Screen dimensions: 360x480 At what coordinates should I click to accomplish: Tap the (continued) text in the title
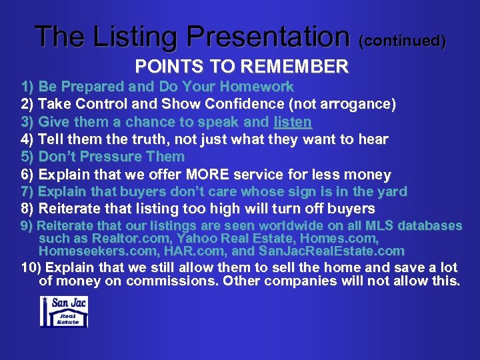point(403,41)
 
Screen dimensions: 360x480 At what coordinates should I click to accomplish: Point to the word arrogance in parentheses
point(359,104)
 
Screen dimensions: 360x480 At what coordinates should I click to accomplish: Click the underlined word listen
point(292,122)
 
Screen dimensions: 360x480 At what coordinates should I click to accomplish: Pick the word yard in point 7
point(393,192)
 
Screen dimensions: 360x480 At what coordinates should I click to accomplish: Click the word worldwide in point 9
point(265,226)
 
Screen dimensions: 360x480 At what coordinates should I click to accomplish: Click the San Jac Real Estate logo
point(64,311)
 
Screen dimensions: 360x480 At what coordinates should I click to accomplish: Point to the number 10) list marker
point(29,268)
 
